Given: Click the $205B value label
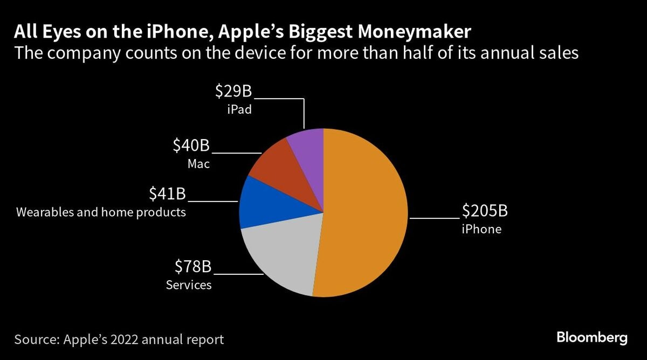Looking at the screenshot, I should pos(484,210).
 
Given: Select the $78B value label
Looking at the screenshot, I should pos(192,266).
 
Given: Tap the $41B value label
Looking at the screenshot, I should pos(167,192).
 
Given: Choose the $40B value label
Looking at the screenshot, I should pos(191,145).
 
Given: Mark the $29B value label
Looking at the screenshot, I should pos(233,91).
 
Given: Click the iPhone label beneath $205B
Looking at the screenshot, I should pos(481,230).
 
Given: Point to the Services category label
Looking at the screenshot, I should pos(189,285).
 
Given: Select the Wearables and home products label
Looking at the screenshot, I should pos(101,212).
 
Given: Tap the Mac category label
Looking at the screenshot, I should pos(198,164).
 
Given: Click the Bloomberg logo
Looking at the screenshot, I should pos(592,338).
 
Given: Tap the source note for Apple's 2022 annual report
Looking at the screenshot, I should pos(119,340).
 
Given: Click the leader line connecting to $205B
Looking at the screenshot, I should pos(434,218).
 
